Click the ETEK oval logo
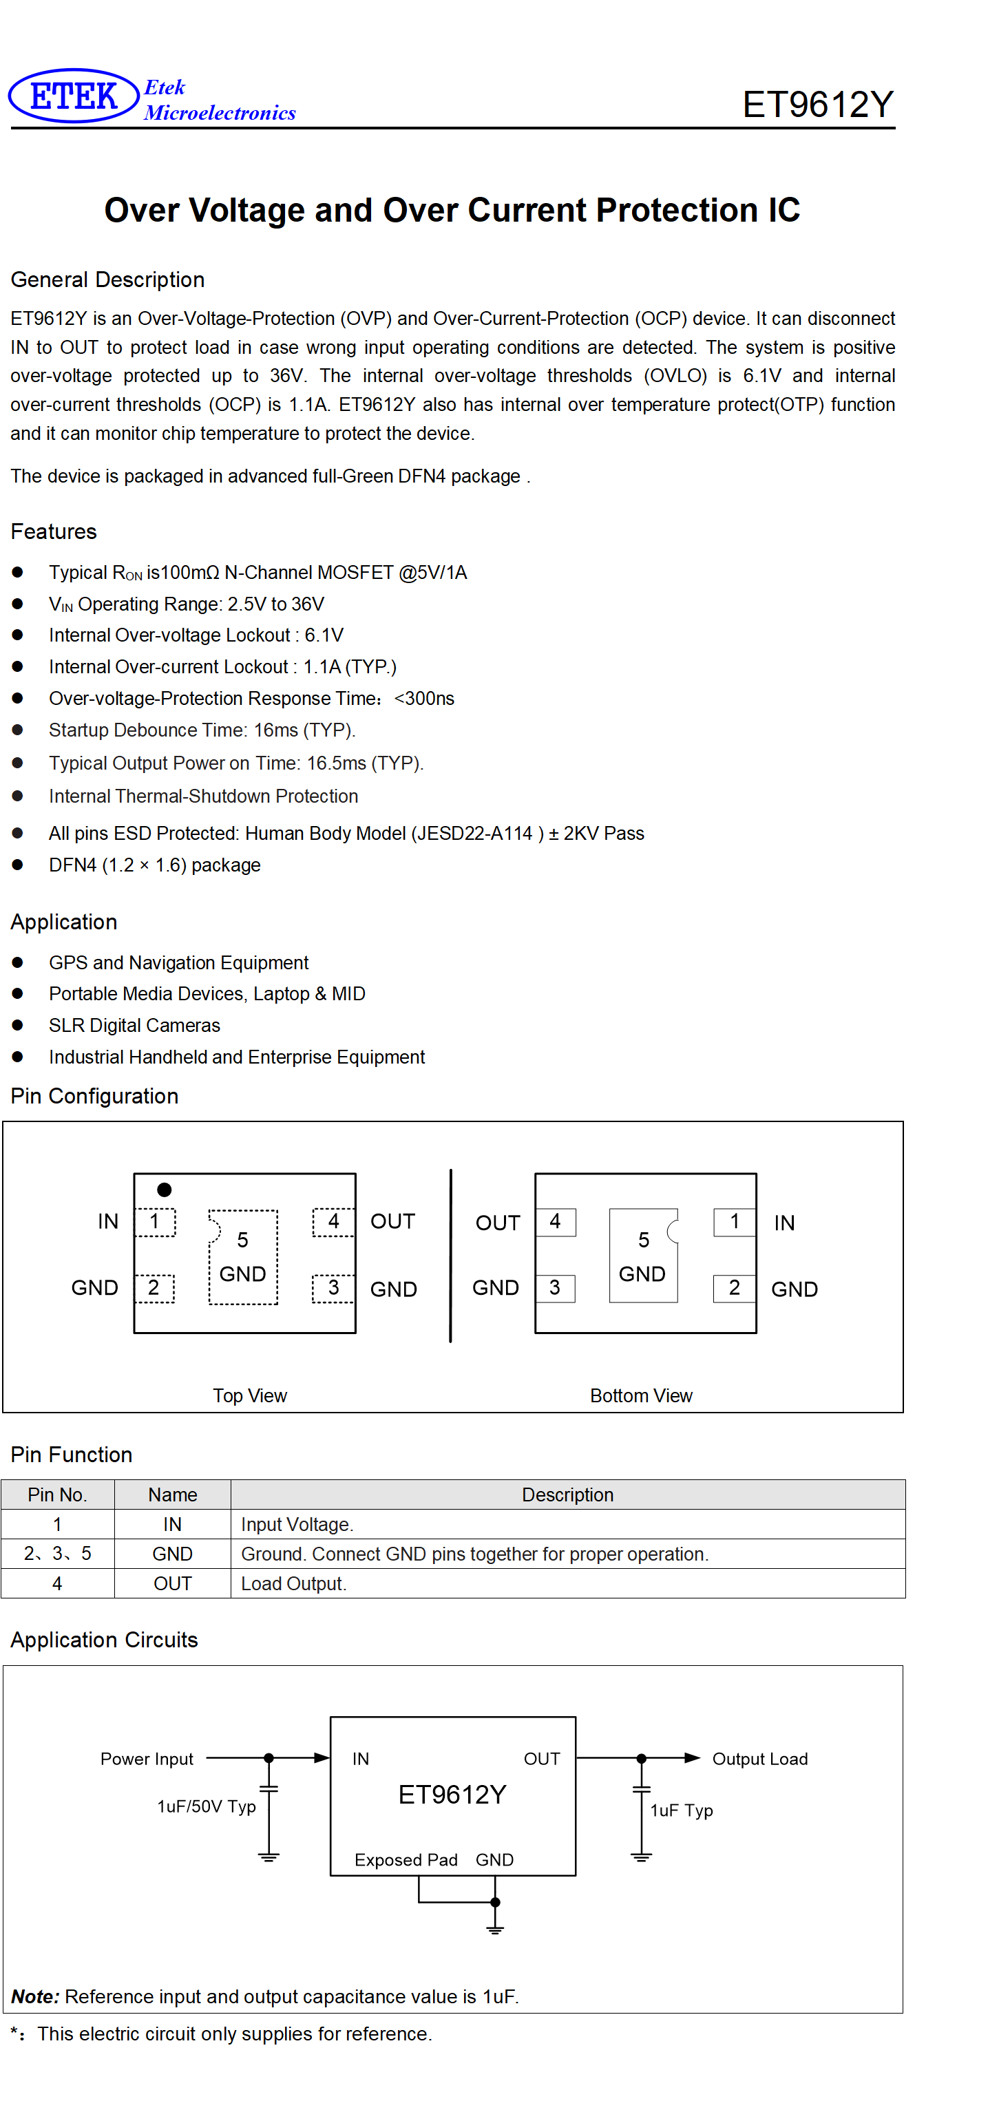73,96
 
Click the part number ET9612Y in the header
817,105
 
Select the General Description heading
107,279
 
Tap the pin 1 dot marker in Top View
164,1189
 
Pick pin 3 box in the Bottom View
556,1288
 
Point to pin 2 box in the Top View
154,1288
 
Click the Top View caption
250,1395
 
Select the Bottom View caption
642,1395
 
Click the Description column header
567,1495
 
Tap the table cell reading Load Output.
293,1584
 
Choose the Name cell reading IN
172,1524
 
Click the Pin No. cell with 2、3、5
57,1554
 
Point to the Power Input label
147,1759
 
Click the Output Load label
760,1759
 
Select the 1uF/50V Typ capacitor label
207,1806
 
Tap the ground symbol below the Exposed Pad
494,1928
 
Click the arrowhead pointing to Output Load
692,1757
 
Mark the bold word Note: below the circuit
35,1996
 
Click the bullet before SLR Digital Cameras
17,1025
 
